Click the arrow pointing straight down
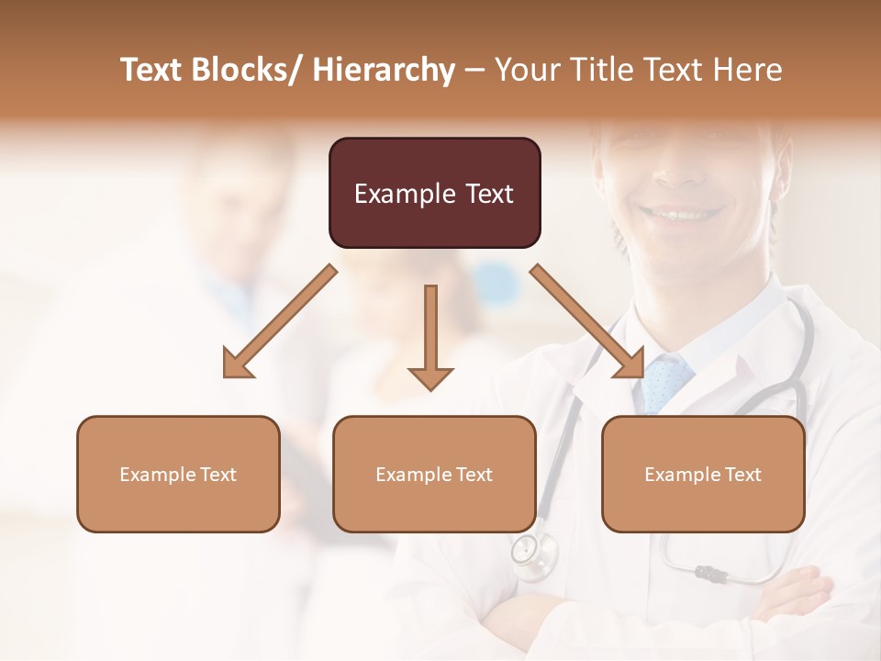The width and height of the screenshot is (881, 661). point(430,340)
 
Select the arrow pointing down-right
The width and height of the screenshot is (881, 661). point(588,322)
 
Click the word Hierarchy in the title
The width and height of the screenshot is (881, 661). point(384,70)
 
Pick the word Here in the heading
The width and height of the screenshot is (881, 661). point(750,70)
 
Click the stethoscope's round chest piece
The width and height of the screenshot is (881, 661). point(526,550)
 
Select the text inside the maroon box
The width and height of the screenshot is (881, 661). point(434,194)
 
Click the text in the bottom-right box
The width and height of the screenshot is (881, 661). point(703,475)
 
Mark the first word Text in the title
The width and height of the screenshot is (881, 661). point(151,70)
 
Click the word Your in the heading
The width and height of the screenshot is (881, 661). point(524,70)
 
